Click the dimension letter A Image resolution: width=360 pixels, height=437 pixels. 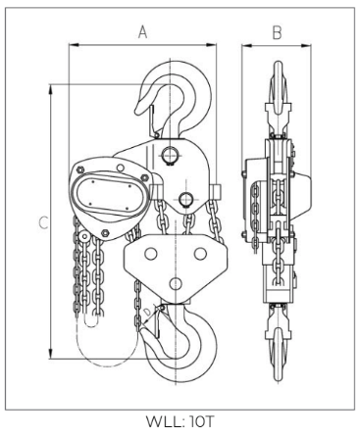[x=143, y=32]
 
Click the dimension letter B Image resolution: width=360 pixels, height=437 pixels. [x=277, y=32]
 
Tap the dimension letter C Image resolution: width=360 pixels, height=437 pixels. [x=43, y=222]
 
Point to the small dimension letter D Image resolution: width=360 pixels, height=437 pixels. [x=148, y=312]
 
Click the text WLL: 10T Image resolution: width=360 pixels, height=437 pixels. [x=180, y=421]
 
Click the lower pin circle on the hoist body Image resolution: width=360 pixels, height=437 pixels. [x=186, y=199]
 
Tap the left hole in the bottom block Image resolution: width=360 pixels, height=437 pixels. [x=151, y=254]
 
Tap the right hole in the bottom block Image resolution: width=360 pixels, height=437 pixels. [x=200, y=254]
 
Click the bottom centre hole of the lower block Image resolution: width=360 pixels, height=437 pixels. [x=176, y=283]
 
